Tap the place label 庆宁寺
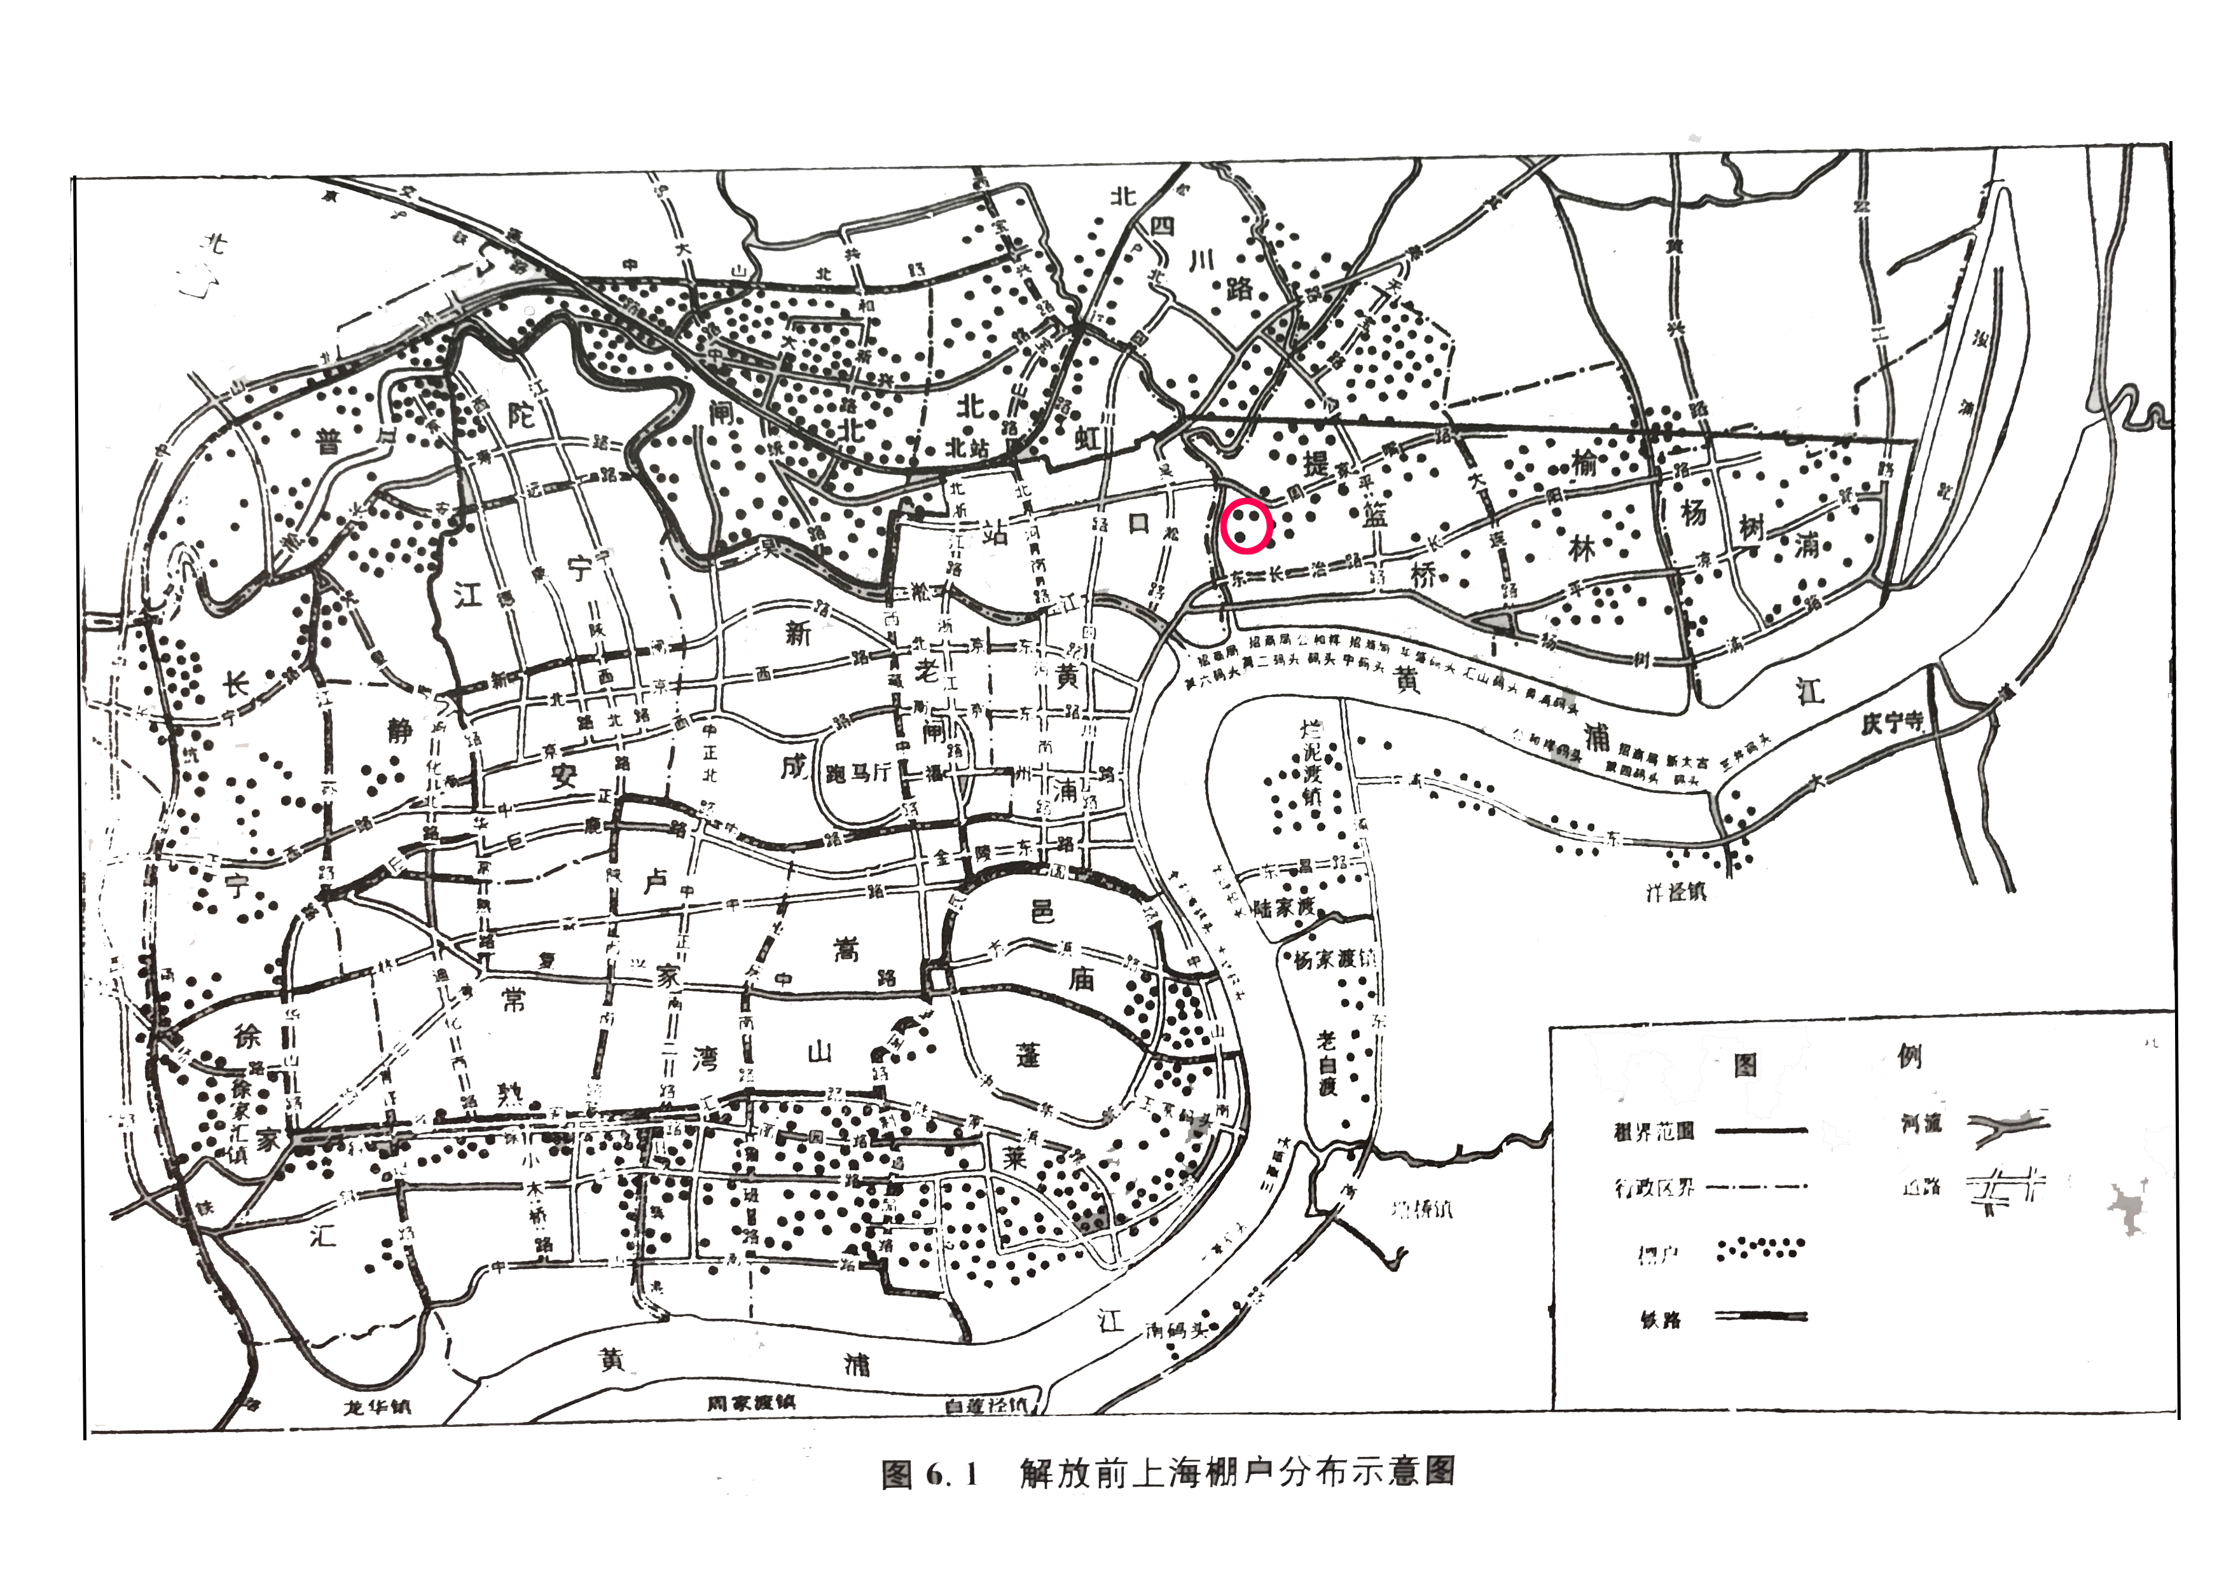[x=1892, y=723]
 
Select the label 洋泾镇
[x=1676, y=890]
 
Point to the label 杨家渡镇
[x=1335, y=959]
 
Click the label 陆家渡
[x=1285, y=909]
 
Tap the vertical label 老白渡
[x=1327, y=1063]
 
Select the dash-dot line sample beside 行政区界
[x=1758, y=1187]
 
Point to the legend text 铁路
[x=1660, y=1319]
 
